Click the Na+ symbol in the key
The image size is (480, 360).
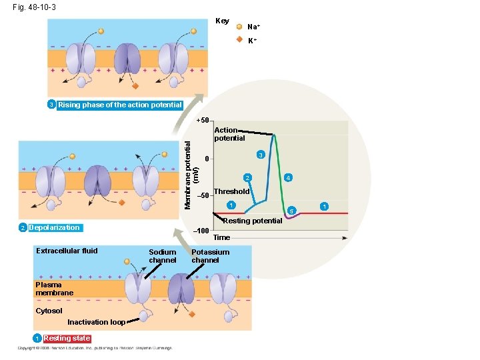coord(239,27)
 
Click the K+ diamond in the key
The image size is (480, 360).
coord(239,39)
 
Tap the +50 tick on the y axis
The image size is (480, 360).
coord(203,121)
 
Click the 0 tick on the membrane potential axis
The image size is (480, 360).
coord(207,159)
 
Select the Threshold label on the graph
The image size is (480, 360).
coord(231,191)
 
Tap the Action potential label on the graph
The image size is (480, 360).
coord(229,134)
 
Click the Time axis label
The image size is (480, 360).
coord(221,237)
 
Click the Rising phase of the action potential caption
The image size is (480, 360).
coord(120,105)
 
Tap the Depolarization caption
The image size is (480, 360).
coord(55,228)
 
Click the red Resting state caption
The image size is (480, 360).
coord(67,338)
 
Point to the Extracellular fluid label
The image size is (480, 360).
coord(67,251)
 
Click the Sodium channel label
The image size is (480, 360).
coord(163,256)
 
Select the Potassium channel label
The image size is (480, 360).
coord(210,256)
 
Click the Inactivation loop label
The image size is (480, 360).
coord(96,322)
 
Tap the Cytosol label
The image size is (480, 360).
coord(49,311)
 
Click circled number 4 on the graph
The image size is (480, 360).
coord(287,178)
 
